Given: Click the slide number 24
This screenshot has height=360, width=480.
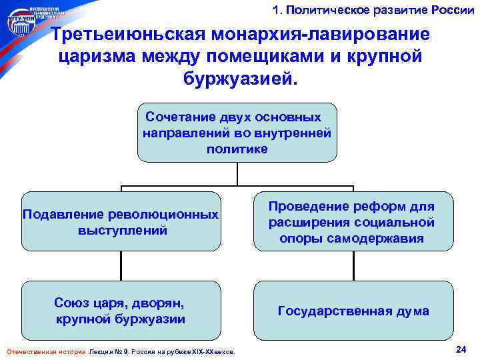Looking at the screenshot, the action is [460, 349].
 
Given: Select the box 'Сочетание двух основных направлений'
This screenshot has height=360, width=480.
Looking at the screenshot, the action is [237, 133].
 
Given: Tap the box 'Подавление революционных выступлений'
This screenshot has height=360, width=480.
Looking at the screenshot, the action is [121, 222].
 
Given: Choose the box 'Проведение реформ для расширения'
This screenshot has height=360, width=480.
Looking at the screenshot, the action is [352, 222].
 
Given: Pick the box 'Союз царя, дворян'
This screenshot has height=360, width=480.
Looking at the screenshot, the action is [121, 311].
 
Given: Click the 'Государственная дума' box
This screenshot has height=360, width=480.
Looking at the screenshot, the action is [352, 311].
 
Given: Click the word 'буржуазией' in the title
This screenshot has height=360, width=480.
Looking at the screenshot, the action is [237, 79].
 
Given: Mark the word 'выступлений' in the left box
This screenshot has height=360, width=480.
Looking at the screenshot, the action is [121, 231].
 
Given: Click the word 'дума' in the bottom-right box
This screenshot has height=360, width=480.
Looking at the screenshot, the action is [412, 311].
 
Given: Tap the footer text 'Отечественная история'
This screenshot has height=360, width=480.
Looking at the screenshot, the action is [45, 351].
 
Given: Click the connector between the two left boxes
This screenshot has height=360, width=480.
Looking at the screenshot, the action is [121, 266].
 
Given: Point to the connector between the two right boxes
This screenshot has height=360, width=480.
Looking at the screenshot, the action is [352, 266].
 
